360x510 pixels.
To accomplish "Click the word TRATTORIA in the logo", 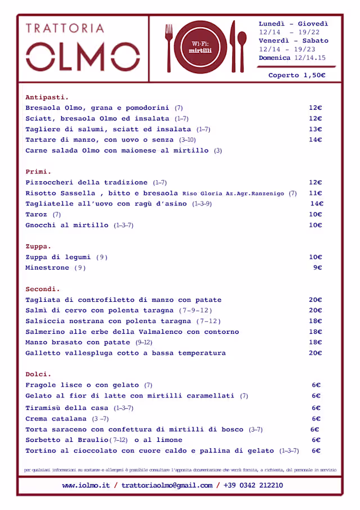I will [x=65, y=28].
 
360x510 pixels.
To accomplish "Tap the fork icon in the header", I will [x=169, y=47].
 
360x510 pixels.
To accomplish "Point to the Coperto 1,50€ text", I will [x=297, y=75].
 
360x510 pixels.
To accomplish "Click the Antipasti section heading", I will [x=47, y=97].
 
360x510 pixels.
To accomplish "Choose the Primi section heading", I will [x=38, y=172].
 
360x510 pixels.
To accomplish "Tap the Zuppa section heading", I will [x=38, y=247].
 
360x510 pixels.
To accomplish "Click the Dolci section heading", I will [x=38, y=374].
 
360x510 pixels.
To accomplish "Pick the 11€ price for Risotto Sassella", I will [x=315, y=193].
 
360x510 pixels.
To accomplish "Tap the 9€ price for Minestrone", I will [x=317, y=268].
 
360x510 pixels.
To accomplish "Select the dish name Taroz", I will [x=37, y=214].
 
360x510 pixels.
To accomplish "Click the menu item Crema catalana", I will [x=56, y=419].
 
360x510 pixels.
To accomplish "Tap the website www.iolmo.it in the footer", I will [x=86, y=485].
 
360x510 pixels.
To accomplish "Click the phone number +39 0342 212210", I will [x=253, y=485].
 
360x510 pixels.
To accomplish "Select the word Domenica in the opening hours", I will [x=275, y=58].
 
